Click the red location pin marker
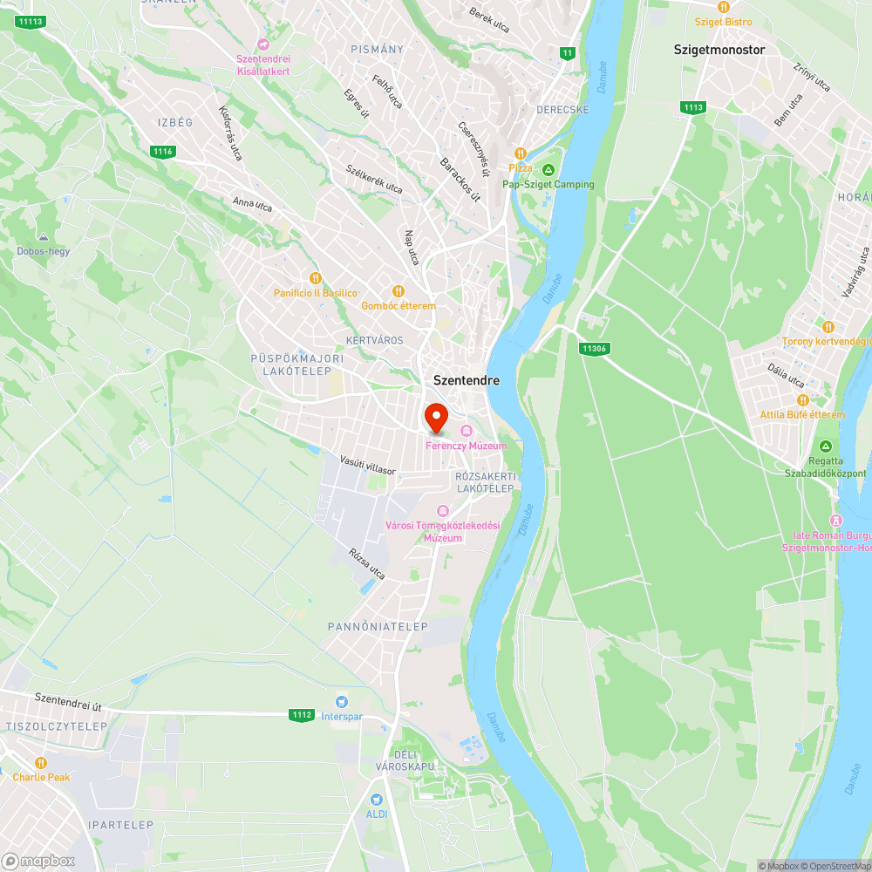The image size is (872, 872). coord(436,418)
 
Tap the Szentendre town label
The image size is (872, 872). coord(467,380)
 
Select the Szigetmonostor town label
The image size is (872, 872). coord(719,50)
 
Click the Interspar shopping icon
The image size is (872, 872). coord(341,702)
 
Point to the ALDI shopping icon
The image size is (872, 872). coord(377,799)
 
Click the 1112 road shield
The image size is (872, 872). coord(302,715)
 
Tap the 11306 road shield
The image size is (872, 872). coord(593,349)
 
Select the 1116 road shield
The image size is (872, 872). coord(162,152)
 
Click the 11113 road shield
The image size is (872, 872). coord(30,21)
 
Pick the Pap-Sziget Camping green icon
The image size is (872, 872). coord(548,169)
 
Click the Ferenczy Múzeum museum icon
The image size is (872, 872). coord(467,431)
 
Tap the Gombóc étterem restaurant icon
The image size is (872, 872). coord(399,291)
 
